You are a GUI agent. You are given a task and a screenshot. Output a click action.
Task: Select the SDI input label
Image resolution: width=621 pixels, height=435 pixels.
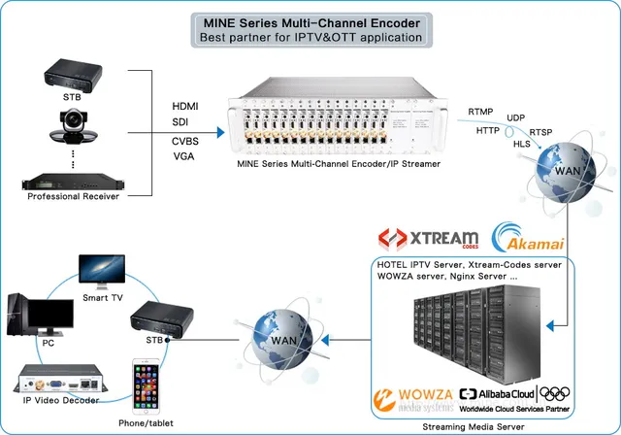pos(181,121)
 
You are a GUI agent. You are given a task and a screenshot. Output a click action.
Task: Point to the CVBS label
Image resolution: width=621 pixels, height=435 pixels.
pos(186,141)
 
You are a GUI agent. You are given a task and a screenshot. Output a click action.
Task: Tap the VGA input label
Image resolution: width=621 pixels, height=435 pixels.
pos(183,156)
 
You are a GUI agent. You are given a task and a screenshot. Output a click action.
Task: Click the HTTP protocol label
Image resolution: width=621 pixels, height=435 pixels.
pos(488,130)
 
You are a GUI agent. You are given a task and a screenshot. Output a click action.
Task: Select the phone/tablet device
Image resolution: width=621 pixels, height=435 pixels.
pos(147,387)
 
